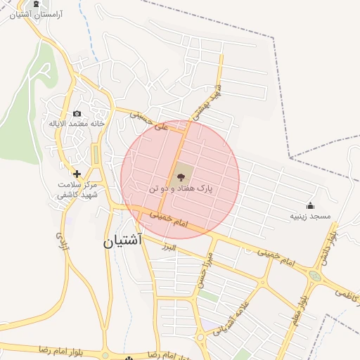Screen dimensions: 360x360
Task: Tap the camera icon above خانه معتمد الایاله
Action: pos(77,113)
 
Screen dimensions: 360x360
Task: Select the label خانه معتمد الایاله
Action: pos(76,124)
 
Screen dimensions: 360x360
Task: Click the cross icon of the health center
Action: pos(77,173)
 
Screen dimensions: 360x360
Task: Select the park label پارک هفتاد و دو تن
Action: pos(181,189)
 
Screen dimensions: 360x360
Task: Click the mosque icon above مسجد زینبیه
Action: pos(310,205)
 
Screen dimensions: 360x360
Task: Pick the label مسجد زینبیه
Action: pos(310,216)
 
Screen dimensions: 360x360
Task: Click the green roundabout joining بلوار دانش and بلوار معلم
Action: pos(314,276)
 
